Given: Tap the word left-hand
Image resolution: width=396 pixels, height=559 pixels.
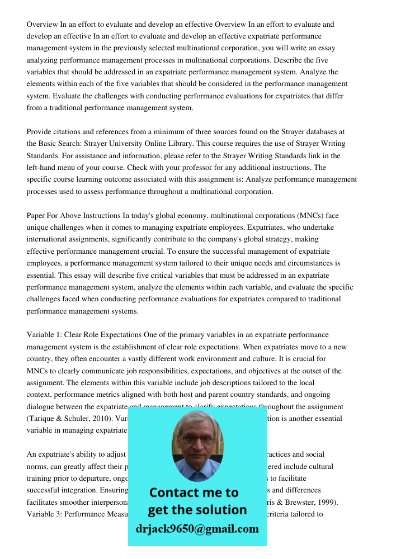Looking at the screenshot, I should [x=45, y=167].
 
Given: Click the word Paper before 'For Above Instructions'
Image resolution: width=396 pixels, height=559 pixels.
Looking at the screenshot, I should [x=36, y=215].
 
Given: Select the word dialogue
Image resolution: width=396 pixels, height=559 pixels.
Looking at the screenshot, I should [x=41, y=406].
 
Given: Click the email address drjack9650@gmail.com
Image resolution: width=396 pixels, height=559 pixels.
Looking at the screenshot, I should [x=197, y=529].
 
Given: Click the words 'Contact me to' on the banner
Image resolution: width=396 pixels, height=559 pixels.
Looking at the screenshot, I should [x=194, y=492].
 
